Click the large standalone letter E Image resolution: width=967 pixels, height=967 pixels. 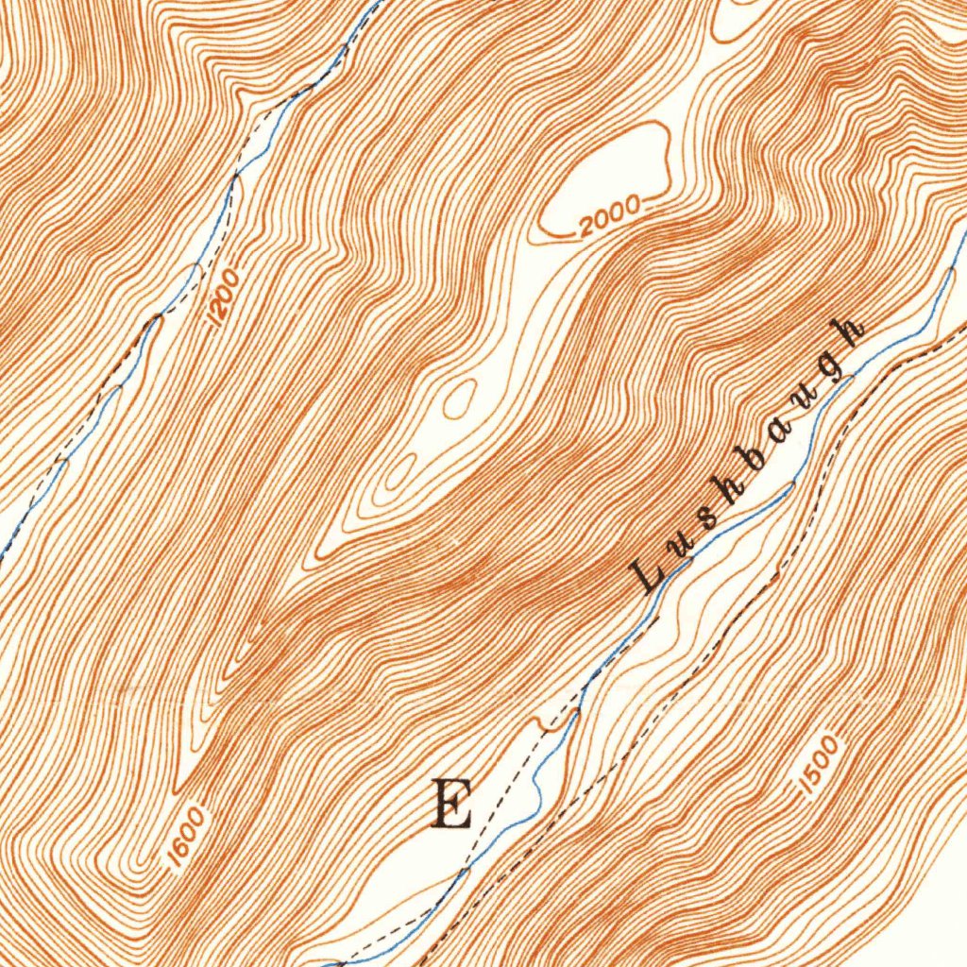451,804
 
